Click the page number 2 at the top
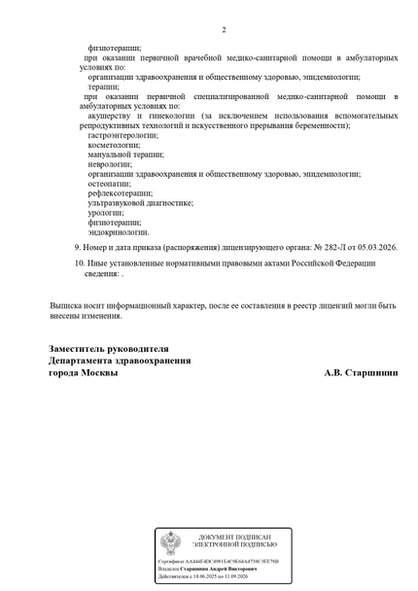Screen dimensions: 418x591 pyautogui.click(x=223, y=29)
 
